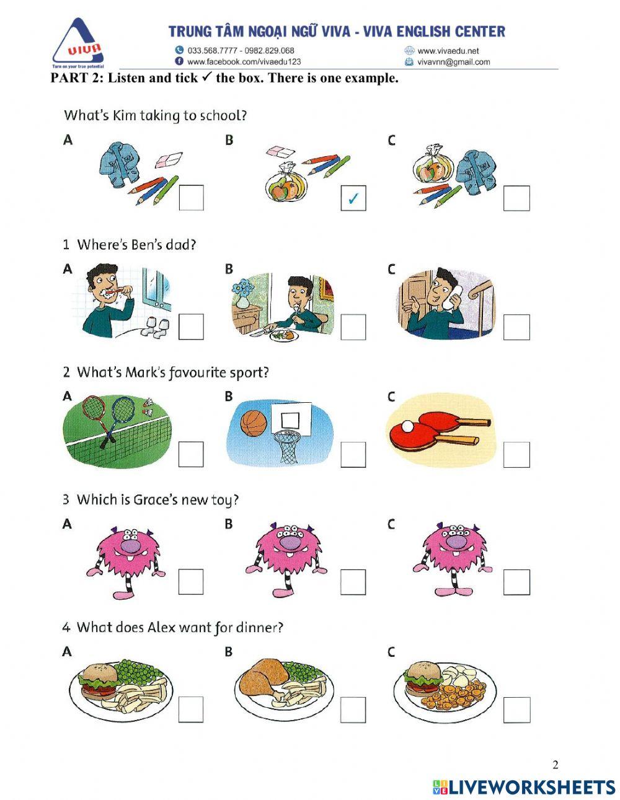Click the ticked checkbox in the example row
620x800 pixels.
(x=353, y=198)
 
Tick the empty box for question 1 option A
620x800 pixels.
(x=191, y=327)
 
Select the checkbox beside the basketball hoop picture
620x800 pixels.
(x=353, y=455)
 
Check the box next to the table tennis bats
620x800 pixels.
(x=516, y=455)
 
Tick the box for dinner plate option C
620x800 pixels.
(x=516, y=710)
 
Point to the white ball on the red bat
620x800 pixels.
(x=407, y=426)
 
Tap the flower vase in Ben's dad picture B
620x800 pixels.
(x=242, y=295)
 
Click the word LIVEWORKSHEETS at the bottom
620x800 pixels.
(x=531, y=787)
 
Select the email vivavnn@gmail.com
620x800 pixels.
(x=453, y=62)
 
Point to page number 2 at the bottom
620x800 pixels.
(x=555, y=764)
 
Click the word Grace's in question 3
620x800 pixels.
(x=153, y=500)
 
